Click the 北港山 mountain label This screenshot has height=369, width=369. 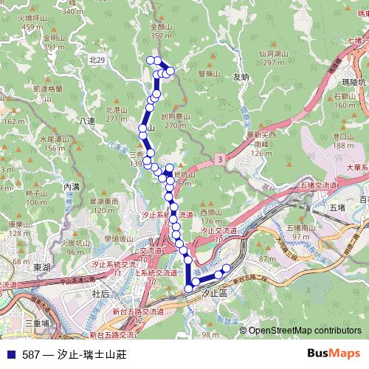pos(117,109)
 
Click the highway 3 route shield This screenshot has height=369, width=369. pos(220,159)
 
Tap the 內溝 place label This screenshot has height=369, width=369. pos(72,187)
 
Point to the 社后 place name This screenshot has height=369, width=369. pos(100,293)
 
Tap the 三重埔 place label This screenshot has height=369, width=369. pos(37,323)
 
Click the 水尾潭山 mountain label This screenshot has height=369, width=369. pos(57,138)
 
